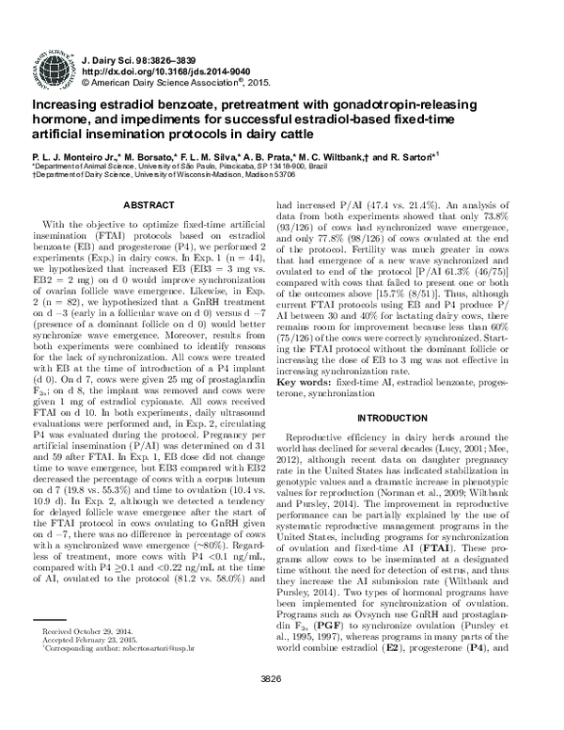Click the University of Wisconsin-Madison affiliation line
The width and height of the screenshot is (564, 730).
click(164, 173)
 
